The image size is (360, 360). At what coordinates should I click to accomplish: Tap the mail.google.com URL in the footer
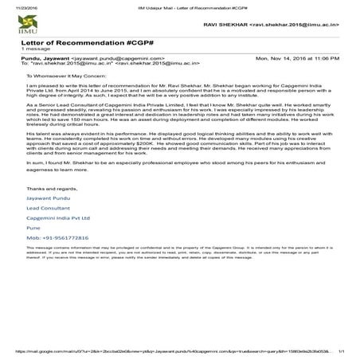coord(159,350)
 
